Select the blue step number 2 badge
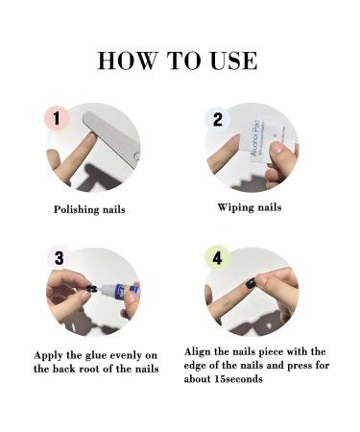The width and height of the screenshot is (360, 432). tap(217, 120)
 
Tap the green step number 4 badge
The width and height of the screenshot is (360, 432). tap(217, 258)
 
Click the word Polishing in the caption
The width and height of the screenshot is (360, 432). tap(77, 208)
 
